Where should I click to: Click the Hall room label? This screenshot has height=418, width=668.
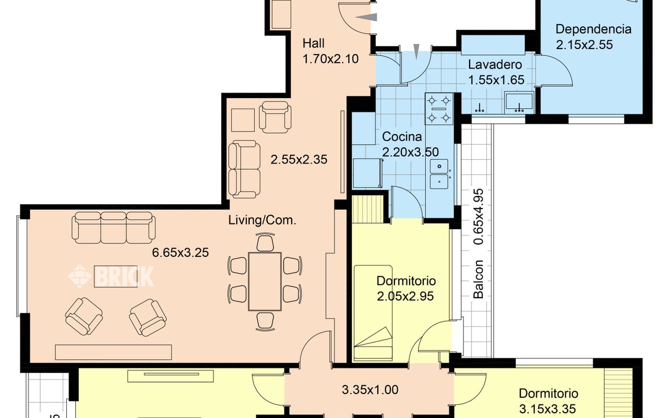[314, 43]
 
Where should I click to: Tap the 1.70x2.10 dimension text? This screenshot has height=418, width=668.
[330, 59]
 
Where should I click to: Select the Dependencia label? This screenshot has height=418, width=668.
[593, 29]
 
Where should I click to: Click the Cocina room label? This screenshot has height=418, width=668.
[402, 137]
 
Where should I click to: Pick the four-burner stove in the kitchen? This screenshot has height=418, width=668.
[439, 109]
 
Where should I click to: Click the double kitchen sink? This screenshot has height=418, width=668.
[439, 174]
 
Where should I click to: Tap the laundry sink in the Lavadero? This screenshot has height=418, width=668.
[519, 102]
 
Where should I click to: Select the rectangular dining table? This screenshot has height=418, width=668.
[265, 282]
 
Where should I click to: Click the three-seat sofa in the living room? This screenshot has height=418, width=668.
[113, 227]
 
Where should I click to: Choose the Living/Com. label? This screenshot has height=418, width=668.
[263, 220]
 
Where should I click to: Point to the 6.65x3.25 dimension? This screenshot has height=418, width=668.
[181, 252]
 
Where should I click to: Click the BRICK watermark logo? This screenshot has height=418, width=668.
[111, 276]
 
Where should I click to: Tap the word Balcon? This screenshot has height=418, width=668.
[479, 279]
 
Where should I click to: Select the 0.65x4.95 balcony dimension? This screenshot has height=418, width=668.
[479, 217]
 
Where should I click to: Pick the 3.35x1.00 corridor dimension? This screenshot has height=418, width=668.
[370, 390]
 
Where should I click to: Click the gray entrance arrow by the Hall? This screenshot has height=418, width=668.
[366, 17]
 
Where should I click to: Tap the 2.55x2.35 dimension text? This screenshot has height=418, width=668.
[299, 159]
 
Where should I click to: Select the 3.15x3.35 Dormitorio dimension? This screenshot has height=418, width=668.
[547, 409]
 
